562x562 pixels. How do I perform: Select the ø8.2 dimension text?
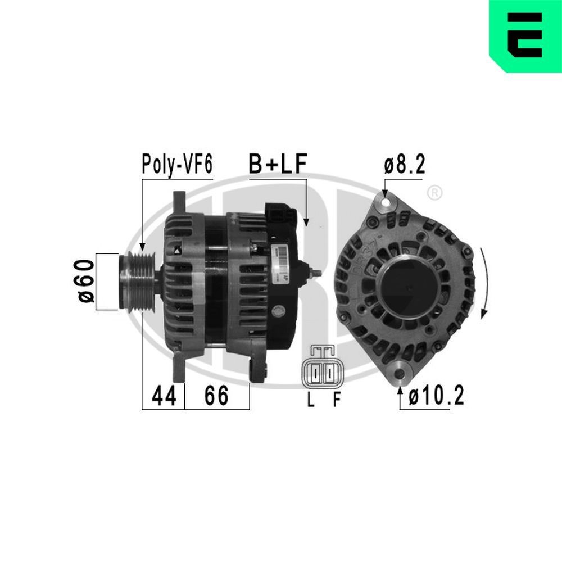click(404, 166)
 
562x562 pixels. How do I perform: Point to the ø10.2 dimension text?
click(436, 397)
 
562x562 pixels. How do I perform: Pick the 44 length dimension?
click(164, 396)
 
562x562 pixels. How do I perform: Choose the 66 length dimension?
click(216, 396)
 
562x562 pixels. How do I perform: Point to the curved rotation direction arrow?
click(484, 284)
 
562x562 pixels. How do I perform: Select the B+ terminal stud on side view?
click(315, 273)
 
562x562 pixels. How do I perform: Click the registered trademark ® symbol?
click(434, 193)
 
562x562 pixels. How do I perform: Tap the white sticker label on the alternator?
click(282, 264)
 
